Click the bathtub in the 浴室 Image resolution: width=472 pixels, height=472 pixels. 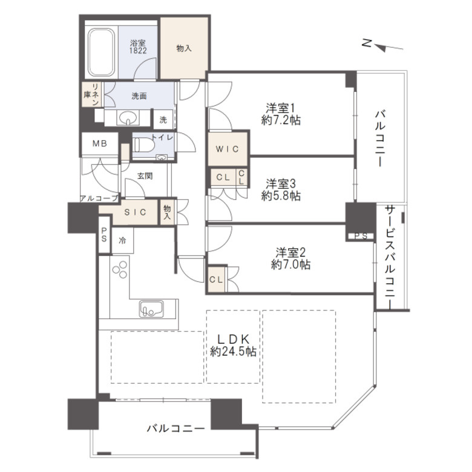click(x=101, y=53)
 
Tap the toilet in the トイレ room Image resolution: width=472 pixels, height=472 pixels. click(x=143, y=145)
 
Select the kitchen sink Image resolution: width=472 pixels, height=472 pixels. click(x=151, y=308)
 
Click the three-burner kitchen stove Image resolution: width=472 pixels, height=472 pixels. click(x=120, y=269)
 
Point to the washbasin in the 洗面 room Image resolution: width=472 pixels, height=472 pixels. click(x=129, y=118)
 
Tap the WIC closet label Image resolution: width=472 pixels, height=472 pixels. click(x=228, y=149)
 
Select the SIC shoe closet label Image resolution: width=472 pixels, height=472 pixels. click(x=135, y=212)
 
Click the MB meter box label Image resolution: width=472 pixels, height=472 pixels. click(x=100, y=143)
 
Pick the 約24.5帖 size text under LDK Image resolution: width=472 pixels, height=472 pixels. click(x=234, y=352)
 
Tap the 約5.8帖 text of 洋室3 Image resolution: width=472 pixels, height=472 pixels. click(x=281, y=196)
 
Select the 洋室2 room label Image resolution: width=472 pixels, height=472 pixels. click(x=291, y=252)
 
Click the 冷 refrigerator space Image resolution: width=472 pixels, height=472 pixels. click(x=122, y=240)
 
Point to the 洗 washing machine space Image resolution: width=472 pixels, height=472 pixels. click(x=163, y=119)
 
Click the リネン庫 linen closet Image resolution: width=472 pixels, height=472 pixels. click(x=92, y=94)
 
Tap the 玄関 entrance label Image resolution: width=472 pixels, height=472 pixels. click(x=145, y=176)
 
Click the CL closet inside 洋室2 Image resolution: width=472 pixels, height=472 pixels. click(x=216, y=280)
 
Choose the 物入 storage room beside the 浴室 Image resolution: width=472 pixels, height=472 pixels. click(x=184, y=48)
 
